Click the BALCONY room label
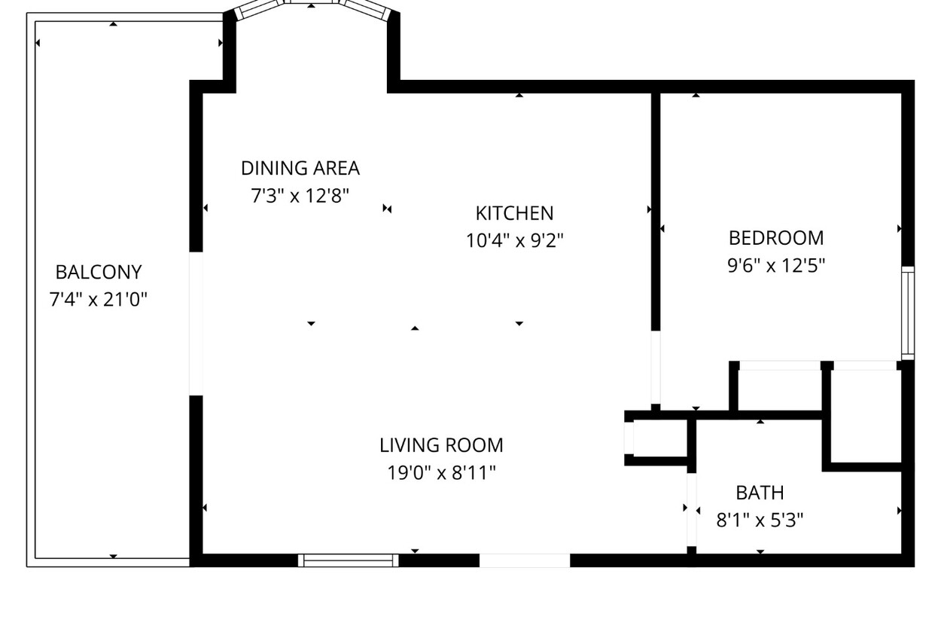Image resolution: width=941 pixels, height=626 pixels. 99,273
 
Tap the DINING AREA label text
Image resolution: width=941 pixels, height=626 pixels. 300,169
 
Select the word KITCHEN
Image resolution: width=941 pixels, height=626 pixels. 515,214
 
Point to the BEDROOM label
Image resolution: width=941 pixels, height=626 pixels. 776,238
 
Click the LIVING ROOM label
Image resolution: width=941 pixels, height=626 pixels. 441,446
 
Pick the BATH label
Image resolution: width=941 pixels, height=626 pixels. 760,493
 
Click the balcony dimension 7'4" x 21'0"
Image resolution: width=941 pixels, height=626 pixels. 99,300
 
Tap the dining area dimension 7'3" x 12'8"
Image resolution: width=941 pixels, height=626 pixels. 300,196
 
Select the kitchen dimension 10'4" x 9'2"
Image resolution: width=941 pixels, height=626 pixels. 515,241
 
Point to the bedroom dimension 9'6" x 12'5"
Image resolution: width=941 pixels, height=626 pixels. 776,265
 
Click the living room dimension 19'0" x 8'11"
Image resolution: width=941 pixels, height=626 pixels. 441,473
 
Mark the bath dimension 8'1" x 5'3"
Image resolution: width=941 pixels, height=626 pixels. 760,521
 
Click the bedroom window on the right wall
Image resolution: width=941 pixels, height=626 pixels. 908,313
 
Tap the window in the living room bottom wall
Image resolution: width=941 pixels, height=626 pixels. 349,560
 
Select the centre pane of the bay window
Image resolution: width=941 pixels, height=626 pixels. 312,2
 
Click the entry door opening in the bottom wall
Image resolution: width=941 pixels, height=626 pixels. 525,560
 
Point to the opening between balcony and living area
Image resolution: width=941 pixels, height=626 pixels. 196,324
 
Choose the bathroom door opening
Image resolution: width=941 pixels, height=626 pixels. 692,509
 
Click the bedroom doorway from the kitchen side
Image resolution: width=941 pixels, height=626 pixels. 656,368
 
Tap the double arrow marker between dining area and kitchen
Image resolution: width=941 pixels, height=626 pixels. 388,209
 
